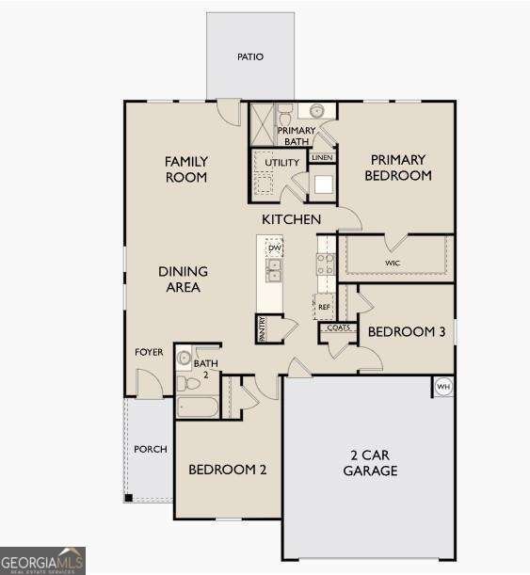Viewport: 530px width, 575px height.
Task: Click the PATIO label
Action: click(x=249, y=56)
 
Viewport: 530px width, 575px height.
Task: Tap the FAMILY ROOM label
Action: click(x=186, y=169)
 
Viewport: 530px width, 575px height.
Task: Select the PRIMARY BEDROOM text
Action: click(x=397, y=168)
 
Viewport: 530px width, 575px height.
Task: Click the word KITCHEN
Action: click(x=291, y=219)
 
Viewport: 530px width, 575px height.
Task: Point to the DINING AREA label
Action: click(x=183, y=280)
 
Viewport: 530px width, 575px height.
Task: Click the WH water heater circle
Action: click(x=442, y=386)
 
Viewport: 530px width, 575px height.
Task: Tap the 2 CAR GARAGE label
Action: click(x=369, y=463)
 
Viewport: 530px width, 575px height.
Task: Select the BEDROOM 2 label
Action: click(x=227, y=470)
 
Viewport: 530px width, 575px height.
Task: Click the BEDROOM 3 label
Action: click(x=406, y=331)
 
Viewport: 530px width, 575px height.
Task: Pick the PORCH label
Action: click(x=150, y=449)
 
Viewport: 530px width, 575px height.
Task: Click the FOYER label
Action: click(x=149, y=353)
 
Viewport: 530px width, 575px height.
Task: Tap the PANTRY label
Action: click(x=261, y=327)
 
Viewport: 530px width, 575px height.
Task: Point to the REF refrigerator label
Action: click(x=324, y=307)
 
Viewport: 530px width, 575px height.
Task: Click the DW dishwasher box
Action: click(x=274, y=248)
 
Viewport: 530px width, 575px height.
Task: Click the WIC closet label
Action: click(x=393, y=263)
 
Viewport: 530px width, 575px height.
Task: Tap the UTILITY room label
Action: click(x=281, y=163)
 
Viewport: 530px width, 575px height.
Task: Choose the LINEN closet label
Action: click(x=322, y=157)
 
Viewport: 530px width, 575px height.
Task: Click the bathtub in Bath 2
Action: click(x=198, y=407)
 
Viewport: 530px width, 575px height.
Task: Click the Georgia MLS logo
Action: click(x=42, y=560)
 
